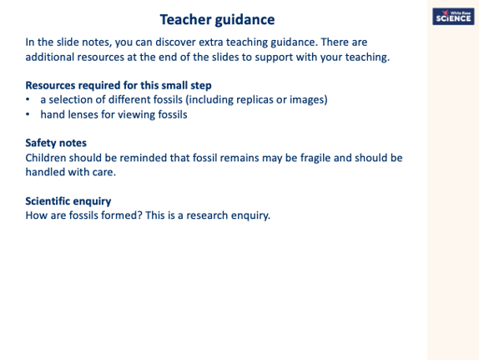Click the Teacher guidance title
[x=217, y=19]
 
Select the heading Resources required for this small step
[x=118, y=85]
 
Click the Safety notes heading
[x=56, y=143]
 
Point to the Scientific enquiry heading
[x=68, y=201]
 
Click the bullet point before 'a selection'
[x=28, y=100]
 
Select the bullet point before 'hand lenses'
[x=28, y=114]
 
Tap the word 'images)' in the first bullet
[x=305, y=99]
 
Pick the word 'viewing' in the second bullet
[x=134, y=114]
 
